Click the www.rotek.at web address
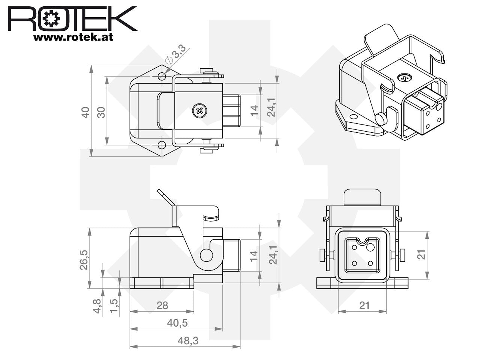coord(73,37)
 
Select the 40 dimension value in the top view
coord(85,112)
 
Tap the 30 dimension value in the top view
coord(101,112)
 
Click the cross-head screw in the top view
coord(199,111)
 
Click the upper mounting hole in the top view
coord(162,76)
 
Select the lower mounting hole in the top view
coord(162,145)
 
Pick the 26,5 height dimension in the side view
coord(84,260)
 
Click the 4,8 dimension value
coord(97,306)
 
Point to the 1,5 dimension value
coord(114,306)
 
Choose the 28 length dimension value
coord(162,305)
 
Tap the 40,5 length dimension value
coord(177,323)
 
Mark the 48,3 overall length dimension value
coord(188,341)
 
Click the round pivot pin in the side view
coord(206,255)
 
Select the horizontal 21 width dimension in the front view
coord(364,305)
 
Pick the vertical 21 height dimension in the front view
coord(421,255)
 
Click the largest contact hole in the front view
coord(370,247)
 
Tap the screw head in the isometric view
coord(405,77)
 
